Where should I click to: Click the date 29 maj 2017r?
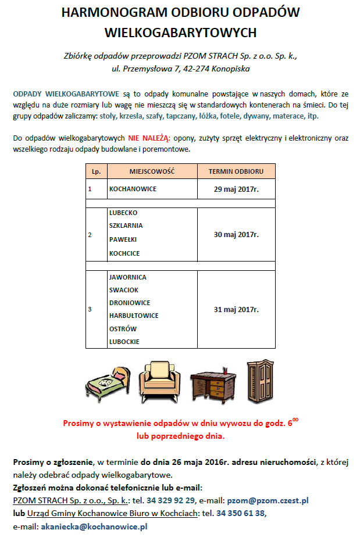click(236, 189)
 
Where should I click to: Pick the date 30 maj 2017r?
click(236, 234)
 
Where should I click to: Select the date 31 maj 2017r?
click(236, 309)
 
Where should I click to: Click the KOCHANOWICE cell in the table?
click(133, 189)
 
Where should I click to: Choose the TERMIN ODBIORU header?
click(236, 171)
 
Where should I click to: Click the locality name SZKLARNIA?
click(126, 225)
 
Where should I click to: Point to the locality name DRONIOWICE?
click(130, 303)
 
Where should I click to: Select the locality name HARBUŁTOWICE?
click(134, 316)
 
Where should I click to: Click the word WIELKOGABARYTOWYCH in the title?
click(180, 32)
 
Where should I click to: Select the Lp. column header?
click(96, 171)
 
